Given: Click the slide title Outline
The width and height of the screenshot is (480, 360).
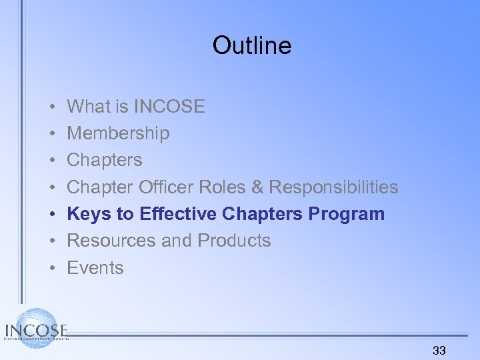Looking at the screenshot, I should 252,45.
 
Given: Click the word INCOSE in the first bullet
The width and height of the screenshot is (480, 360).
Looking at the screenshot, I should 169,106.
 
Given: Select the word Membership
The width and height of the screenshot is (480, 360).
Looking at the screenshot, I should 119,133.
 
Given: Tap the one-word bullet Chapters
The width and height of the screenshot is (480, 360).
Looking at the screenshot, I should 105,160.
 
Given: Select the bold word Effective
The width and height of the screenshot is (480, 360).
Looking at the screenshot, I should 179,214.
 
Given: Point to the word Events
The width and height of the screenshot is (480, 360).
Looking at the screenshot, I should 95,268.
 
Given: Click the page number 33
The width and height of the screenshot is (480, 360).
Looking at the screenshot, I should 439,350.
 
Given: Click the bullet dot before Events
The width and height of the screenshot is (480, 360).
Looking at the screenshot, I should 51,268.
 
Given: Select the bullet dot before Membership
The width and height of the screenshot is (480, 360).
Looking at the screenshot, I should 51,133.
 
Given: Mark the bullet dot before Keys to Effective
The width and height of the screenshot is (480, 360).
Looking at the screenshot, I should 51,214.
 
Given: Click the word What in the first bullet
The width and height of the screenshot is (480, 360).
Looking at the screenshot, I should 89,106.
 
